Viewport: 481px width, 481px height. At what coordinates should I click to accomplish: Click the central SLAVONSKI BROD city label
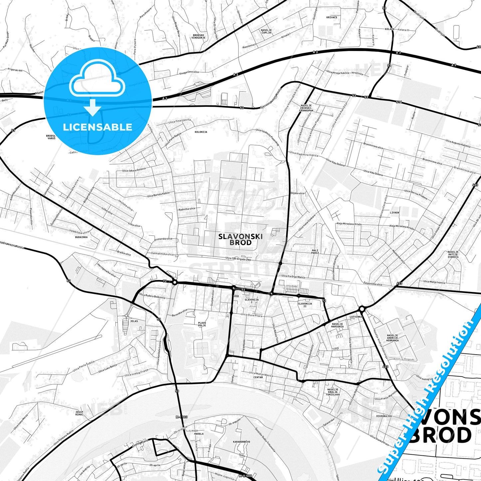coord(240,239)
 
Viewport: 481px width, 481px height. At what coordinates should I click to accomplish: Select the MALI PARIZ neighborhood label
coord(315,252)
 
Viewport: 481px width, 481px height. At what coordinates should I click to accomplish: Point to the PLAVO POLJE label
coord(202,324)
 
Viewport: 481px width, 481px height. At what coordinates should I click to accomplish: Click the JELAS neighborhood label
coord(134,321)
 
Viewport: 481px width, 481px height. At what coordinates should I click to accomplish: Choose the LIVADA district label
coord(394,212)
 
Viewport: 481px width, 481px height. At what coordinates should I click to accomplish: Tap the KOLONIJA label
coord(201,132)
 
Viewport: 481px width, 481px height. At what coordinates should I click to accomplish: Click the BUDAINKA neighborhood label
coord(81,237)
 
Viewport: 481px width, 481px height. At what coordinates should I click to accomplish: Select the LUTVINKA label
coord(356,317)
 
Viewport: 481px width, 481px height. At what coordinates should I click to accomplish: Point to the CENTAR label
coord(258,377)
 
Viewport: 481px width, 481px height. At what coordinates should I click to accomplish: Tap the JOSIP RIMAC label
coord(79,413)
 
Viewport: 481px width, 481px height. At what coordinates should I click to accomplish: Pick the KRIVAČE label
coord(332,17)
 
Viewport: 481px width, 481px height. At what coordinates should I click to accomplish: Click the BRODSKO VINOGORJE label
coord(199,36)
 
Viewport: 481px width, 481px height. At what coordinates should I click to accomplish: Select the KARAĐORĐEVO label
coord(242,442)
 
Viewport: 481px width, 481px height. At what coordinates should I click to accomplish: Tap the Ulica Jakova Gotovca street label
coord(134,170)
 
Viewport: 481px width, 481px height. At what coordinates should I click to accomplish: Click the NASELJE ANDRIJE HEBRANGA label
coord(392,338)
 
